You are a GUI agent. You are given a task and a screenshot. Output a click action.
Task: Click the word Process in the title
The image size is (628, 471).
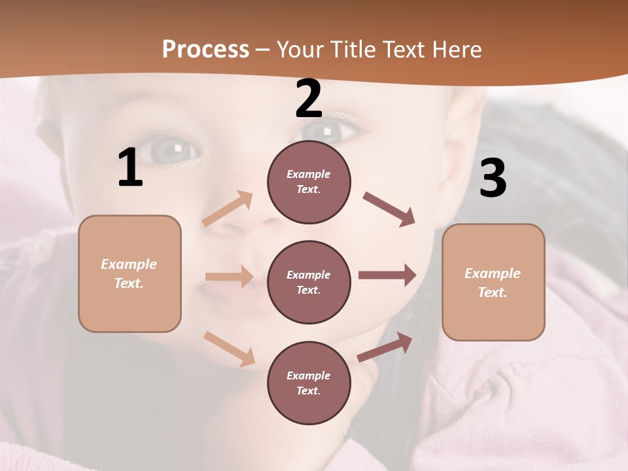click(205, 49)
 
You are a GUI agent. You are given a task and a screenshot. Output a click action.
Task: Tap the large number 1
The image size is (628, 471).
click(130, 168)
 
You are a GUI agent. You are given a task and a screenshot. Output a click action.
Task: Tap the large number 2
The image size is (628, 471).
click(309, 99)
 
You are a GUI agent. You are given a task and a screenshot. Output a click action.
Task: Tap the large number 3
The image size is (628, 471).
click(493, 179)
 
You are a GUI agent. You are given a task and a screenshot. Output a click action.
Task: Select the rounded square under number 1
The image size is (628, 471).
click(130, 273)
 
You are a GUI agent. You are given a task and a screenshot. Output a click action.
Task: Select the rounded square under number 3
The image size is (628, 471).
click(493, 282)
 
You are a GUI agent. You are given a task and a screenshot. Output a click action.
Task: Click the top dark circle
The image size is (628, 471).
click(309, 182)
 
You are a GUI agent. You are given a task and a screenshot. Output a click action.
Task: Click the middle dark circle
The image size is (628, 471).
click(309, 282)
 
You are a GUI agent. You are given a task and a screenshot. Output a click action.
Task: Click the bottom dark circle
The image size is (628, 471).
click(309, 383)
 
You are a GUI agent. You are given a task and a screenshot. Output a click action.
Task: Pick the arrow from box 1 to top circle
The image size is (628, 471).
click(228, 209)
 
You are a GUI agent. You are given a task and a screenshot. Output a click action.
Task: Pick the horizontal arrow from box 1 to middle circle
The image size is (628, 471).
click(229, 277)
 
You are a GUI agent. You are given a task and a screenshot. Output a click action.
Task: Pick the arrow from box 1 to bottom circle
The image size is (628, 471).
click(229, 349)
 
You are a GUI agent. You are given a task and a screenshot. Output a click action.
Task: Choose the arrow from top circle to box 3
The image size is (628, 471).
click(389, 209)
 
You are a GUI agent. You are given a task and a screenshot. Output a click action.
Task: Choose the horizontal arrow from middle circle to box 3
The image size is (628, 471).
click(387, 275)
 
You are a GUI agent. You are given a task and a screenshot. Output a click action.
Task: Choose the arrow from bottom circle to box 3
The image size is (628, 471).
click(385, 347)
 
